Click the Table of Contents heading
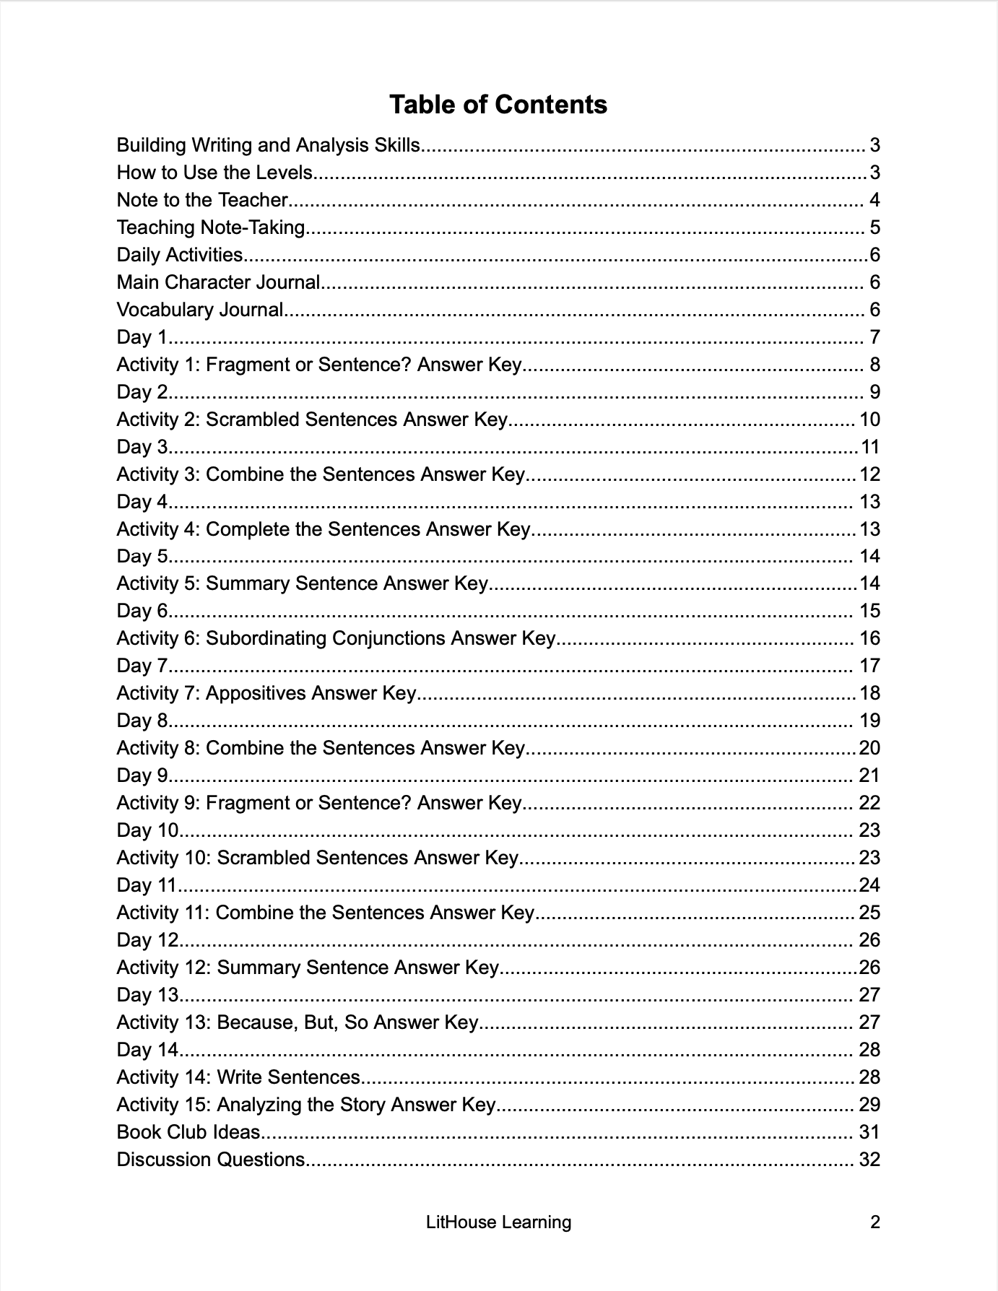coord(498,105)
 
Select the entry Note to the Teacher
coord(203,200)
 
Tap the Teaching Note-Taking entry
coord(211,227)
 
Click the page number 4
coord(875,200)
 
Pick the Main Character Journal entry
coord(218,282)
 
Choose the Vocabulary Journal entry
coord(200,310)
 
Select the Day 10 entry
coord(147,830)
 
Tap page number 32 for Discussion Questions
coord(869,1160)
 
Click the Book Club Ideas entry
coord(188,1132)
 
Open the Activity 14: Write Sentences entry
coord(238,1077)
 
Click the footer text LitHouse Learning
coord(498,1222)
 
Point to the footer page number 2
coord(875,1222)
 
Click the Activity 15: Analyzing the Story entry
coord(306,1105)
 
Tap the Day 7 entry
coord(142,666)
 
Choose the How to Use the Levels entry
coord(214,173)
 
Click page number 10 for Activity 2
coord(869,420)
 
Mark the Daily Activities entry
coord(180,255)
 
